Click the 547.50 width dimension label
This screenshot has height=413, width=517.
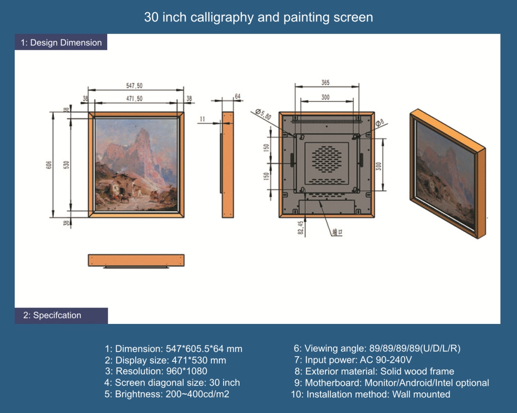(x=134, y=86)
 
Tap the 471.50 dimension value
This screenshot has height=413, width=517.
(x=134, y=99)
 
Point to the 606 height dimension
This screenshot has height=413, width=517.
(x=49, y=165)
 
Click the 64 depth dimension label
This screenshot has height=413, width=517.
(x=237, y=96)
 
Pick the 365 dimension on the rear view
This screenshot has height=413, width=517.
(x=326, y=83)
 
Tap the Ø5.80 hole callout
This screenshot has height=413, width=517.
(x=263, y=114)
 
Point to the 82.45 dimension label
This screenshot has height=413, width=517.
(x=301, y=228)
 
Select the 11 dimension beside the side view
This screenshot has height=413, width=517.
(x=202, y=119)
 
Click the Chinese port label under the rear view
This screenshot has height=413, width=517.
(x=337, y=232)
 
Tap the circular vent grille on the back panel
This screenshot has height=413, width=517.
(x=327, y=159)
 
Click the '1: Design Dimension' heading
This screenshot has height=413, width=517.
(x=61, y=43)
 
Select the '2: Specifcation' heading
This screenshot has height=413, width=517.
(x=52, y=315)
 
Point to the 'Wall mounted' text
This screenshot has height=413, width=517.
(x=421, y=394)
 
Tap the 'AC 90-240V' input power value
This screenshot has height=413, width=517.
(x=386, y=360)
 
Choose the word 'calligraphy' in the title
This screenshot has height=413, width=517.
(x=222, y=18)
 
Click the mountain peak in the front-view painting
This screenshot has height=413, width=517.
(x=143, y=130)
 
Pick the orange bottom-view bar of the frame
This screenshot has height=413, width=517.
(x=136, y=260)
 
